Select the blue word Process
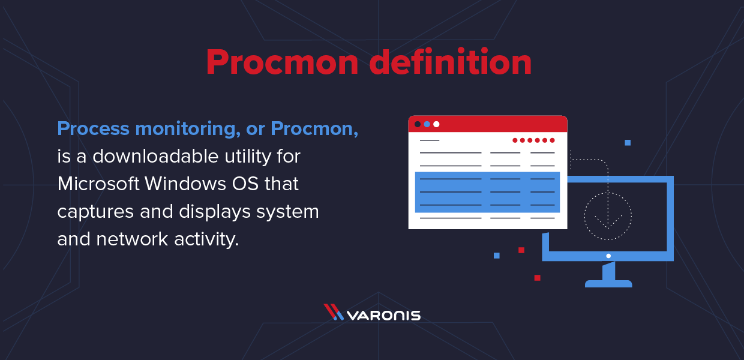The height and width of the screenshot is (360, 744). tap(93, 129)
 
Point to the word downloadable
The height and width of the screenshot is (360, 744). tap(155, 157)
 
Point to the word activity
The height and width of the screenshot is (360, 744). tap(207, 239)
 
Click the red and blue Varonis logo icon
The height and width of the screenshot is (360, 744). tap(334, 312)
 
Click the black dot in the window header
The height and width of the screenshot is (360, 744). tap(418, 124)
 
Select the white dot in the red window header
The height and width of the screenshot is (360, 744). tap(436, 124)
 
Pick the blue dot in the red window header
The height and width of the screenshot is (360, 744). tap(427, 124)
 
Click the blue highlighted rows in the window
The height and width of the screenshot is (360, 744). tap(487, 192)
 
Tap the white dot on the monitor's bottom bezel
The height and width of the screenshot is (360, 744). tap(608, 256)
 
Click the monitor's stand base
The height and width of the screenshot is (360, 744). tap(608, 283)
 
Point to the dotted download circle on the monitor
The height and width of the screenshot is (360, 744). tap(608, 215)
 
